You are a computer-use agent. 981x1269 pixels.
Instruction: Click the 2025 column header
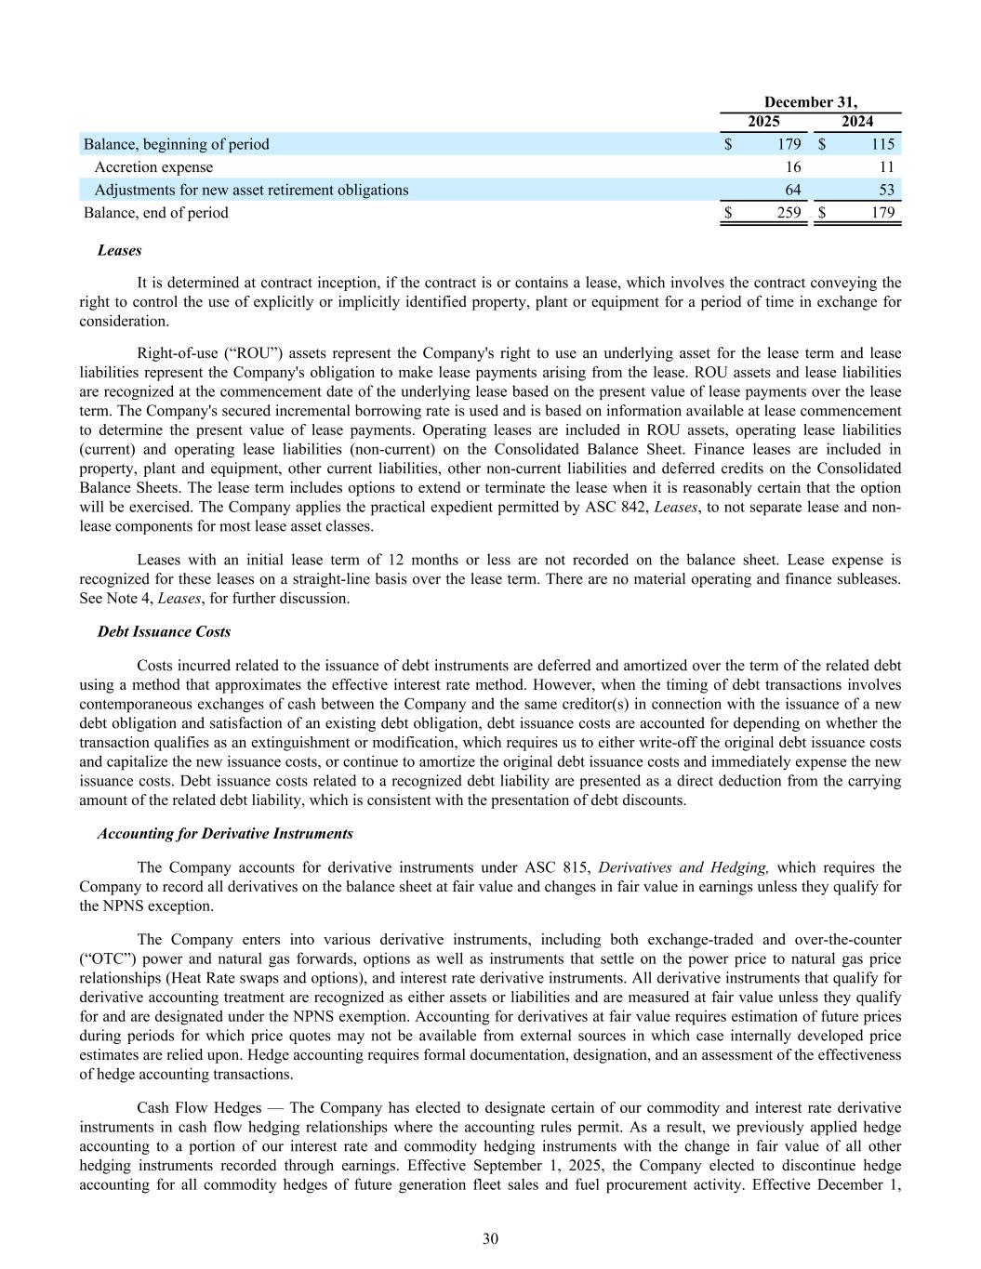[763, 122]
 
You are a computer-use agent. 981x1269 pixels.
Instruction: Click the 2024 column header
[856, 122]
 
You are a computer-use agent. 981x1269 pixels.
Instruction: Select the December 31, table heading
[810, 102]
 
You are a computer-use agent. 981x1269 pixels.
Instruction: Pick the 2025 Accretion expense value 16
[793, 167]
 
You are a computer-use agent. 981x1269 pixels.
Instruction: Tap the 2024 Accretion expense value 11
[886, 167]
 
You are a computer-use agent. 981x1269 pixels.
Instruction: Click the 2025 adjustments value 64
[793, 190]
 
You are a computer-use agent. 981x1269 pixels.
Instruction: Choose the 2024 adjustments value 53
[886, 190]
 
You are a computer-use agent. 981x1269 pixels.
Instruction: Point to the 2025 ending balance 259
[789, 213]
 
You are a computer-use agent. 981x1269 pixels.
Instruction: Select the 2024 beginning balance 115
[882, 144]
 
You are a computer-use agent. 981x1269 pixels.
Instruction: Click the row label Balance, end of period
[155, 213]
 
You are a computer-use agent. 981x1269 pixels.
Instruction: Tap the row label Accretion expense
[153, 167]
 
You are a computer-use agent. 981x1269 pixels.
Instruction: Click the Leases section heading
[119, 251]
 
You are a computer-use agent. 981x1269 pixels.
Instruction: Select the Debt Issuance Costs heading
[164, 632]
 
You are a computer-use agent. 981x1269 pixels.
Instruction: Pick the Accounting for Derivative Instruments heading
[225, 833]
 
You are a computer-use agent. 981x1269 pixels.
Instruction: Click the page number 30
[491, 1238]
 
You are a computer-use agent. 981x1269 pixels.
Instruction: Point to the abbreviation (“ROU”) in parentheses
[232, 353]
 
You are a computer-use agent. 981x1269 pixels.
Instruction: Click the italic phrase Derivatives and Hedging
[683, 868]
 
